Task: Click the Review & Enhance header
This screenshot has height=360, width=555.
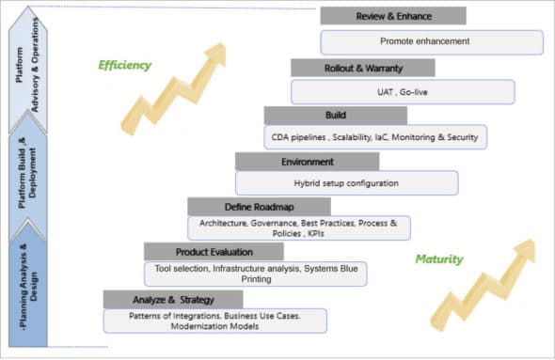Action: [x=392, y=16]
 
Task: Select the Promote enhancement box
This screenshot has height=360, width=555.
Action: [x=432, y=42]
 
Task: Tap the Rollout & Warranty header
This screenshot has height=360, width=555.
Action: [x=362, y=68]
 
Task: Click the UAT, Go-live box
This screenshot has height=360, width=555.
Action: [x=403, y=91]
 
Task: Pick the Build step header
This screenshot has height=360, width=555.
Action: [x=335, y=115]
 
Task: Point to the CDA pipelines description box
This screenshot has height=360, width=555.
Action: [x=375, y=137]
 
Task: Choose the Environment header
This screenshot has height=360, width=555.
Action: [x=307, y=161]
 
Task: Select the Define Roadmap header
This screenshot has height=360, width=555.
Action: [x=259, y=206]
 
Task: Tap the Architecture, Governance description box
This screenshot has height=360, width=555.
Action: [x=298, y=227]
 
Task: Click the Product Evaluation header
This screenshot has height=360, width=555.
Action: [x=214, y=252]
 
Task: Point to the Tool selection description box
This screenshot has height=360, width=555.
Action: [x=255, y=274]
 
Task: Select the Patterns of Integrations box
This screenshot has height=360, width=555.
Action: [x=215, y=321]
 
